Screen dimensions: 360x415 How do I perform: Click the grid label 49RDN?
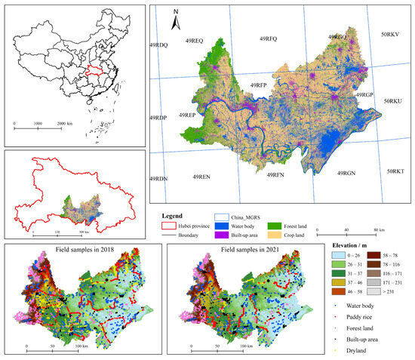(x=158, y=178)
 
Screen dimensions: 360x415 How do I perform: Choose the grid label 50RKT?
(x=395, y=171)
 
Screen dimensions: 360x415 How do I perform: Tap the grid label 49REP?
(x=187, y=115)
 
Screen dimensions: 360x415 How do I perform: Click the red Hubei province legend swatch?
(x=173, y=225)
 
